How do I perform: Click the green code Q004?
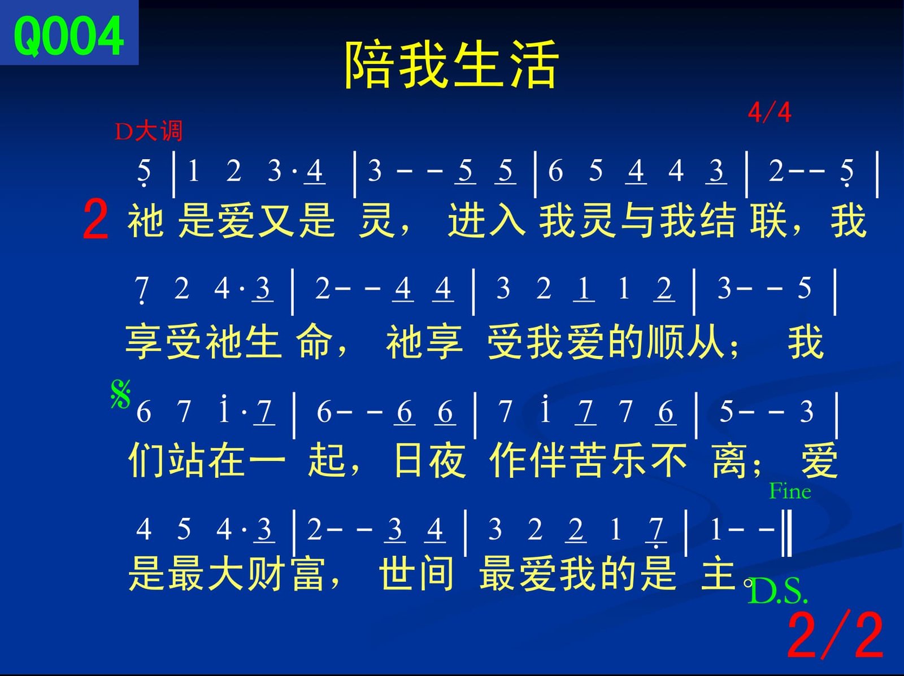[68, 36]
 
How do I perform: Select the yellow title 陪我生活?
[452, 64]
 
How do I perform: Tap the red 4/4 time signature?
[770, 112]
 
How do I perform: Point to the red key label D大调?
[148, 132]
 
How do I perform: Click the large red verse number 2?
[95, 219]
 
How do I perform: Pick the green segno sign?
[121, 394]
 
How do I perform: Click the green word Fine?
[790, 491]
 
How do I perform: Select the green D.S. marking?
[777, 591]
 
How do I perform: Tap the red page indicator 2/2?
[835, 635]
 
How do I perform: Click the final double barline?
[786, 533]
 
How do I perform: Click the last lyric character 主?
[719, 573]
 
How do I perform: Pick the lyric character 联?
[768, 221]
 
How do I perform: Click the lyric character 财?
[268, 573]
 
